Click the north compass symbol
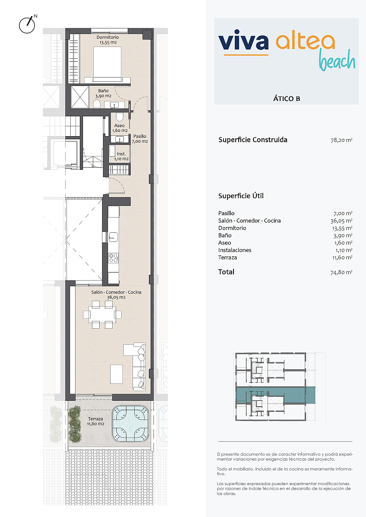pos(27,25)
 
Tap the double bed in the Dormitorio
pos(107,64)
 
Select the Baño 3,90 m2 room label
pos(103,93)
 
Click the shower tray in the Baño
pos(80,97)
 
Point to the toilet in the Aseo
pos(120,117)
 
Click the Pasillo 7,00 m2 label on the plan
pos(140,139)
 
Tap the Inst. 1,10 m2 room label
pos(121,156)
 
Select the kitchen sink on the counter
pos(113,237)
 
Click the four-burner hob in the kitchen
pos(114,258)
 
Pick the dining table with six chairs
pos(102,315)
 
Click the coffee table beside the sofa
pos(116,374)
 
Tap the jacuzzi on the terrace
pos(130,424)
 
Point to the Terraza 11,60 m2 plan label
pos(95,421)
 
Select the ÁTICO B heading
pos(287,99)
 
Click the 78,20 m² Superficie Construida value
pos(341,140)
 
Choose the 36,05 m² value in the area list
pos(341,221)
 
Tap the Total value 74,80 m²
pos(341,272)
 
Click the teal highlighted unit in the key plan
pos(275,395)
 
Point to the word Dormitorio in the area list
pos(232,228)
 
